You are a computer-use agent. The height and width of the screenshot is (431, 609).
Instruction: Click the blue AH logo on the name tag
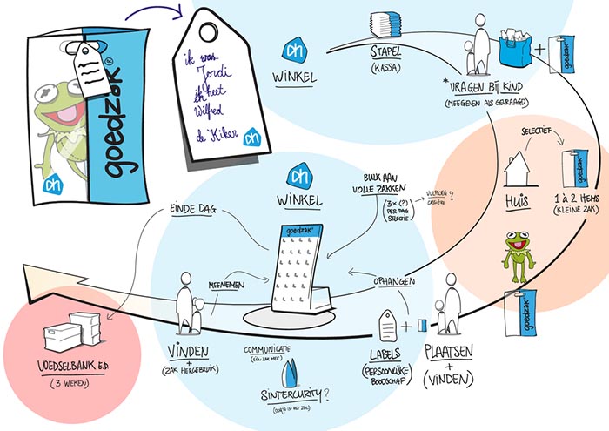(253, 138)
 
